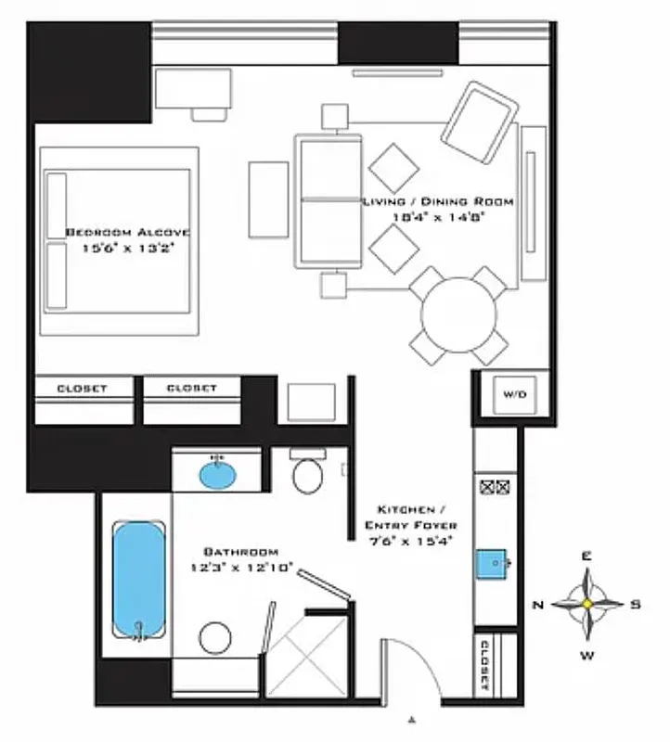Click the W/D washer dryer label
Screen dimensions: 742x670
514,394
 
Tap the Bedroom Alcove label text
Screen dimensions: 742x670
127,239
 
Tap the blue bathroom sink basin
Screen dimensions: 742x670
218,475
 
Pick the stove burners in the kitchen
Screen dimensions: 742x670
494,485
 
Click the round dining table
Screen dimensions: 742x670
459,314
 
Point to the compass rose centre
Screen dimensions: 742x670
587,603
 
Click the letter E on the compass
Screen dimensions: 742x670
586,556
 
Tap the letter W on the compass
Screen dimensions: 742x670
586,655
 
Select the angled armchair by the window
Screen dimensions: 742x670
479,118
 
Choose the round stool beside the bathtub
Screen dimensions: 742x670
215,639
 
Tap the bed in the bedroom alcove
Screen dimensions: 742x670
118,240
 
